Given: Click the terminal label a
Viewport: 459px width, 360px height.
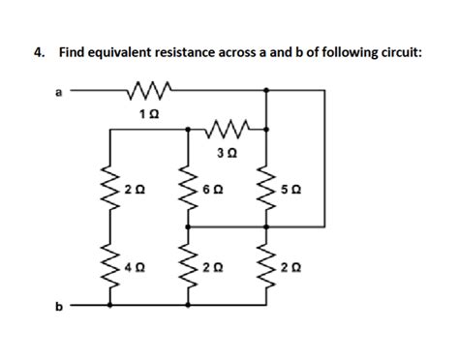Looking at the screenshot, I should pos(58,93).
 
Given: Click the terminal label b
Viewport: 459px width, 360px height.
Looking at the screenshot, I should pos(58,307).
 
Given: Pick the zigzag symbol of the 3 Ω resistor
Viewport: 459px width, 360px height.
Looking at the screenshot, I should pos(229,127).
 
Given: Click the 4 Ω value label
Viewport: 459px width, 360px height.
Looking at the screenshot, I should pos(130,265).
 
